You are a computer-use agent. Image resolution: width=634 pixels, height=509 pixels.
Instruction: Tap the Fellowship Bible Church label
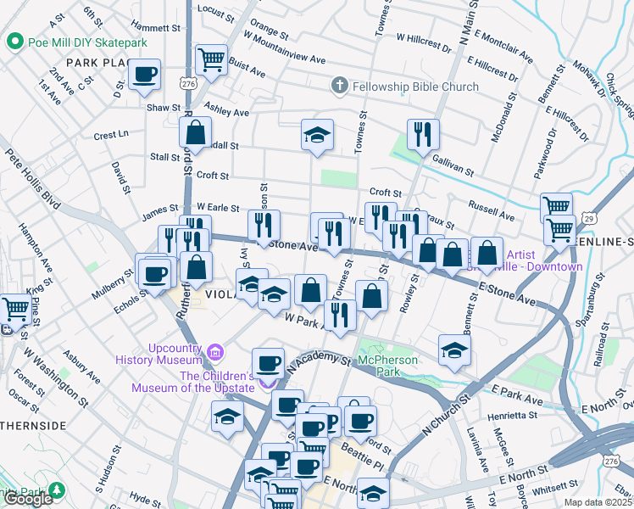click(415, 87)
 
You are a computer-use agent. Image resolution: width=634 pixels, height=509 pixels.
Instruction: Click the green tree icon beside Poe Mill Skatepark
click(14, 42)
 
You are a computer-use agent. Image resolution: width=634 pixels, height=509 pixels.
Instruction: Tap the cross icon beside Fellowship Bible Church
click(339, 86)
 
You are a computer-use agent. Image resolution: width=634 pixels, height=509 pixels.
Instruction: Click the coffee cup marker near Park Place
click(145, 74)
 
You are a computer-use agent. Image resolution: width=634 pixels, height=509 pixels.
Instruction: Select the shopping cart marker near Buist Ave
click(211, 59)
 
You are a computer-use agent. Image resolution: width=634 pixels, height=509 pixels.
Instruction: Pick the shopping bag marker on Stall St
click(195, 132)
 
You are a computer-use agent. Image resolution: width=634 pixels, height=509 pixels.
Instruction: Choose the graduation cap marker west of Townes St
click(317, 135)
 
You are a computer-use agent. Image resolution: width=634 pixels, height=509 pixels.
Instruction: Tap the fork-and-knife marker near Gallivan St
click(422, 133)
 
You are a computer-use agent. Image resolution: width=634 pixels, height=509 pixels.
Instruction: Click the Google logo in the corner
click(28, 499)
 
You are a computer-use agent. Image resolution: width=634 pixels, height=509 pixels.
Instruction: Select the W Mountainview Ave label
click(284, 48)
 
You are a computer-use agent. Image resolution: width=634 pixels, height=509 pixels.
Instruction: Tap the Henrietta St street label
click(509, 416)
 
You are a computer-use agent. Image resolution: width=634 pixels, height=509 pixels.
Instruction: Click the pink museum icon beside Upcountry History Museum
click(215, 350)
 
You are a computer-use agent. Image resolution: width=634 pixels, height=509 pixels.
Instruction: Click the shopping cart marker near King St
click(15, 308)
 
